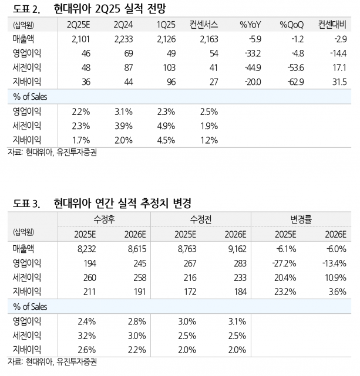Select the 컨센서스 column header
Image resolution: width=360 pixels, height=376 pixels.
click(204, 25)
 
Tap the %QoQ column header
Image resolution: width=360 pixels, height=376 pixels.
click(291, 25)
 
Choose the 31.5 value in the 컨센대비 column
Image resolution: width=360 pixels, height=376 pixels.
click(340, 82)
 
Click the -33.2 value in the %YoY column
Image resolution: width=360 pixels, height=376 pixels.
click(251, 53)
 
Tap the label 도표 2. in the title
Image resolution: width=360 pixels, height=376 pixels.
click(26, 8)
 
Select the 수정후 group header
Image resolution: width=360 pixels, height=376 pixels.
click(105, 219)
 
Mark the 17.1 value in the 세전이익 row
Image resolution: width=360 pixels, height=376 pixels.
click(341, 67)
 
